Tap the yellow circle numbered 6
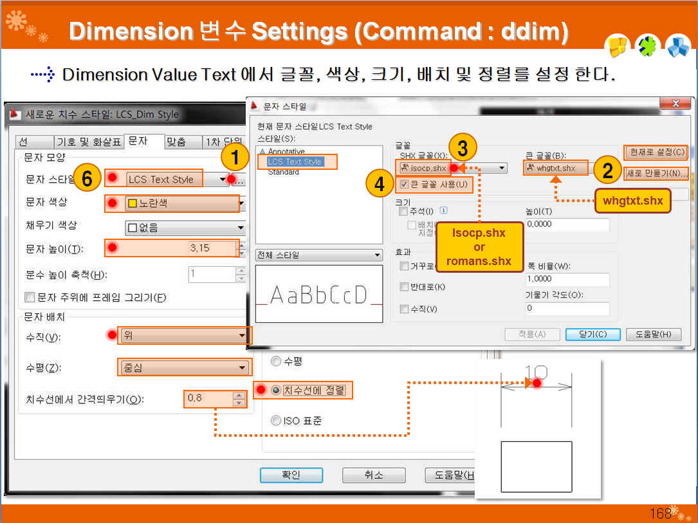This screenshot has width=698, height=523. pos(87,179)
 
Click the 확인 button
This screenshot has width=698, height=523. pos(291,475)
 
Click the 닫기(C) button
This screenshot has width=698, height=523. pos(592,334)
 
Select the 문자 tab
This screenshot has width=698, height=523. pos(137,141)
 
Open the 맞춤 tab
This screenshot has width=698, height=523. pos(176,142)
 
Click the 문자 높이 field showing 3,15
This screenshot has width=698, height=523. pos(179,248)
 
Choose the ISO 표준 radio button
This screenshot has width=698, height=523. pos(277,421)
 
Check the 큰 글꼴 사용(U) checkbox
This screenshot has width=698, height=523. pos(403,185)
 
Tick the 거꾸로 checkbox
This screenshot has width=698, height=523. pos(404,266)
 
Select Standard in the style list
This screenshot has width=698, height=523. pos(283,172)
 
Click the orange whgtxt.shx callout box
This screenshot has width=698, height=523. pos(632,200)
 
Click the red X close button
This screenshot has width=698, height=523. pos(675,104)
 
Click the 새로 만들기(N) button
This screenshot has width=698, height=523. pos(656,174)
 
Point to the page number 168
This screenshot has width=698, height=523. pos(660,513)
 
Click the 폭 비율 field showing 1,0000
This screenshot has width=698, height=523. pos(566,279)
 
